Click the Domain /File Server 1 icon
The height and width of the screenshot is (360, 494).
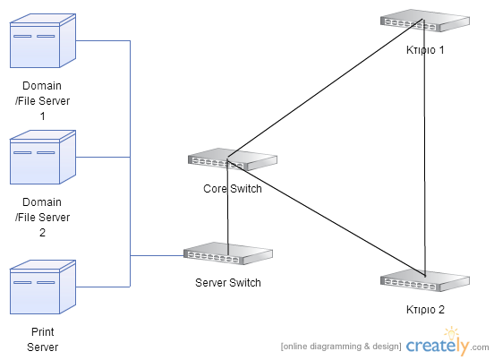point(43,40)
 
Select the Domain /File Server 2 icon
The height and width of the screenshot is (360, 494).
point(43,157)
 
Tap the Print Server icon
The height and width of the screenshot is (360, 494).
point(43,287)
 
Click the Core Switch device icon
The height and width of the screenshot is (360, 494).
point(233,159)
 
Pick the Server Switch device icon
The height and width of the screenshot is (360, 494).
point(228,253)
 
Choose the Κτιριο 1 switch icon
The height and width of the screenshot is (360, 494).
point(425,21)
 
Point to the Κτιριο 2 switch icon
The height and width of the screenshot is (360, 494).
point(425,280)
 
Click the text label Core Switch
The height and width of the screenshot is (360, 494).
point(233,189)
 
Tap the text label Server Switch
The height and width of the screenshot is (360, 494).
point(228,283)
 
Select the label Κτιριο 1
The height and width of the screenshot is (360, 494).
point(425,50)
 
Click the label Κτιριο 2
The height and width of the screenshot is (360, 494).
point(425,310)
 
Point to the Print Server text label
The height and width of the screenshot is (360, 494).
point(43,339)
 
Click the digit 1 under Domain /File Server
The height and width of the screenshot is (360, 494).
point(43,116)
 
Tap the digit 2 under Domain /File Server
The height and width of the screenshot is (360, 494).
point(43,233)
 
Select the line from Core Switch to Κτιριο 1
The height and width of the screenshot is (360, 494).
point(325,89)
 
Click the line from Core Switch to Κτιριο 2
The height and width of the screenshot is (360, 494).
point(326,219)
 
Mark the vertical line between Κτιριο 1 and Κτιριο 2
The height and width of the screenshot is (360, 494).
point(424,148)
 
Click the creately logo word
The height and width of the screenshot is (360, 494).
point(438,346)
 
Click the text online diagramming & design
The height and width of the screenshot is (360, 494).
point(341,347)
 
